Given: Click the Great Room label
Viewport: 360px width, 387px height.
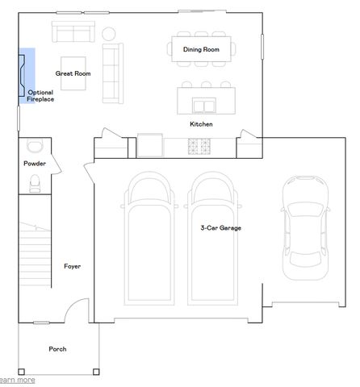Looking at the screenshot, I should tap(72, 73).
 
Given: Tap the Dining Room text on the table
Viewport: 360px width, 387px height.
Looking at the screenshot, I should tap(200, 50).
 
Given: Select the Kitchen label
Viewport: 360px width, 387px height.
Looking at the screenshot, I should tap(201, 124).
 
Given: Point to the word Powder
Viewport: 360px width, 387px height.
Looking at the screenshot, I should tap(35, 164).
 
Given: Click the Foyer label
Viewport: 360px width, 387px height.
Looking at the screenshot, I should tap(73, 266).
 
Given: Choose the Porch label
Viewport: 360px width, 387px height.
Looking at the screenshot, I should tap(57, 349).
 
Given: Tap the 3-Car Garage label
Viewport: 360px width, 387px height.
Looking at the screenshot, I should tap(220, 228).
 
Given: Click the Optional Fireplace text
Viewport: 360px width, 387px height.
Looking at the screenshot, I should tap(40, 96).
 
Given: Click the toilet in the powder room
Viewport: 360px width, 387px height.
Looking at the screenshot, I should tap(35, 185).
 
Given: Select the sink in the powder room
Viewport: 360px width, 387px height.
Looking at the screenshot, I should tap(34, 146).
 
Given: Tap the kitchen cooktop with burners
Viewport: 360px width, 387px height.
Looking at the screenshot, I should tap(199, 146).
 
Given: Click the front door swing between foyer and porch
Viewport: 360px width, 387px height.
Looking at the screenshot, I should tap(77, 310).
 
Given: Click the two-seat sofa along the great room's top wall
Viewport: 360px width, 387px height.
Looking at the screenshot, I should tap(73, 32).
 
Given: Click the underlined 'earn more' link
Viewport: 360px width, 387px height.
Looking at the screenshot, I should tap(17, 380).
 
